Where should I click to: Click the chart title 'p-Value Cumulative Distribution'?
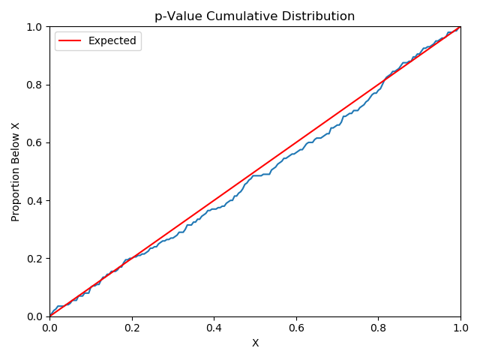click(x=255, y=16)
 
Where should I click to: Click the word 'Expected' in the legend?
click(x=112, y=41)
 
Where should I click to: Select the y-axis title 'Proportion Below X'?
click(x=16, y=172)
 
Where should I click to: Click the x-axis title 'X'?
click(x=255, y=343)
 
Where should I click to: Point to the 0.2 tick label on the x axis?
click(x=132, y=328)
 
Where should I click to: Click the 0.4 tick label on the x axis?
click(x=214, y=328)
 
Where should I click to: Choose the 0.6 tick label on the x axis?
click(x=296, y=328)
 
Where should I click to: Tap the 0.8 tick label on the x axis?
click(x=379, y=328)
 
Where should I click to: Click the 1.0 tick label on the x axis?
click(x=460, y=328)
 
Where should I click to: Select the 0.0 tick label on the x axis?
click(x=49, y=328)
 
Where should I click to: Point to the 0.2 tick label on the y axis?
click(x=35, y=259)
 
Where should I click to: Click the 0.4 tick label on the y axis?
click(x=35, y=201)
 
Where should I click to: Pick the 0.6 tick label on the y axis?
click(x=35, y=142)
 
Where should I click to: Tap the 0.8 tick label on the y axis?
click(x=35, y=85)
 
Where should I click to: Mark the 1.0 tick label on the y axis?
click(x=35, y=27)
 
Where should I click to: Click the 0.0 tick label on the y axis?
click(x=35, y=316)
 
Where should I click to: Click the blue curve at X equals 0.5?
click(x=255, y=175)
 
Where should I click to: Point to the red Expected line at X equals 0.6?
click(x=296, y=142)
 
